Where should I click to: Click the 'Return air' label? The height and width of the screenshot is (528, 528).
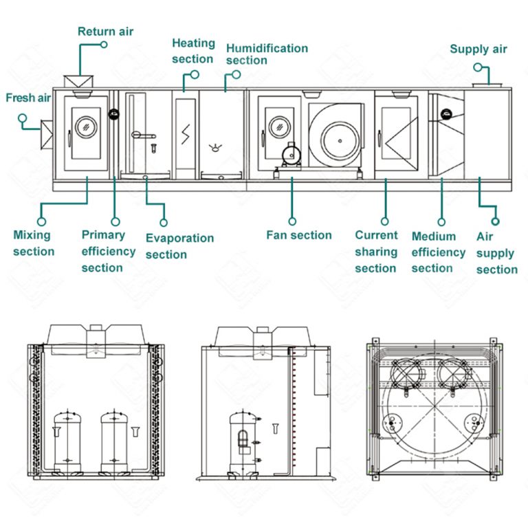pos(105,31)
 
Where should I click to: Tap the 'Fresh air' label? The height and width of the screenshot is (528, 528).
pos(28,98)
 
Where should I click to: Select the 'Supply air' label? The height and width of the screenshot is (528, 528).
pos(478,49)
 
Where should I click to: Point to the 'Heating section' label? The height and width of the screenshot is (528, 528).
pos(192,51)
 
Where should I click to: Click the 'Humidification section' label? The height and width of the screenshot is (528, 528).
pos(267,54)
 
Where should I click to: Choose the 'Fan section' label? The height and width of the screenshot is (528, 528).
pos(299,235)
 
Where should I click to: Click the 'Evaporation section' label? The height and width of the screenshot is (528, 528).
pos(179,246)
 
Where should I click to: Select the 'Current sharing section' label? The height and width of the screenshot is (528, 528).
pos(376,252)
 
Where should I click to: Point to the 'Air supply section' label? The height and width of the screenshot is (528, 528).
pos(496,253)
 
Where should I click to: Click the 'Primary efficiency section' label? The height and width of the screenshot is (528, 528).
pos(108,251)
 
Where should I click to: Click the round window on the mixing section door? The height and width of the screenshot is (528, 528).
pos(86,126)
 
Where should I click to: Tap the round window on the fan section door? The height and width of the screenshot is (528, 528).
pos(278,126)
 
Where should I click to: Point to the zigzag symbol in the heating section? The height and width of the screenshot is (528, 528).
pos(186,132)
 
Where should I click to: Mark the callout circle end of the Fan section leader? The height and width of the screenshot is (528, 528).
pos(292,221)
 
